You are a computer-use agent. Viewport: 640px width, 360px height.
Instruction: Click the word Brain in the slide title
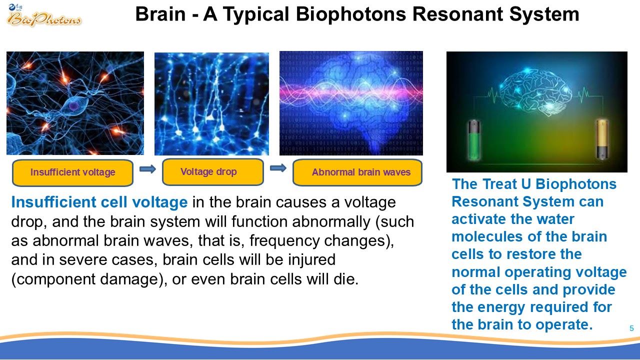160,14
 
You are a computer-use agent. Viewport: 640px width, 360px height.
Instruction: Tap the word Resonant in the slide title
457,14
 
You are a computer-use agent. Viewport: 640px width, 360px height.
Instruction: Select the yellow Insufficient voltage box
73,172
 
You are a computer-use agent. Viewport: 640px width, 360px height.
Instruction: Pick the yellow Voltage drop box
213,172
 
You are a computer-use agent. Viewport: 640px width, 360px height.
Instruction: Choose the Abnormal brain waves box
357,172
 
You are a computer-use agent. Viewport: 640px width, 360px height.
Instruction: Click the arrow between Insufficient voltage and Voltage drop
147,169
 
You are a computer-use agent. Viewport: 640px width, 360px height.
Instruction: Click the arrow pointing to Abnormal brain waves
278,168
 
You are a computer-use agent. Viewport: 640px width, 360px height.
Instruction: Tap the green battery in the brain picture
473,140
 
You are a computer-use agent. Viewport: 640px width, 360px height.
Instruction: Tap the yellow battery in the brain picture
602,139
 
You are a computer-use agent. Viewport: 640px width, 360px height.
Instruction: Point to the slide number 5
631,328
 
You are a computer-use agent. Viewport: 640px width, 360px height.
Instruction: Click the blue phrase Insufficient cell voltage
99,202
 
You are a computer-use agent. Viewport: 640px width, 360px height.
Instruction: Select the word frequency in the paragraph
284,241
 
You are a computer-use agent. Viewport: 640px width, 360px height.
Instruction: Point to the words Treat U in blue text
506,183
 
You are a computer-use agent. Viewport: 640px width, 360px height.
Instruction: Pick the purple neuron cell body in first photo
73,105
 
